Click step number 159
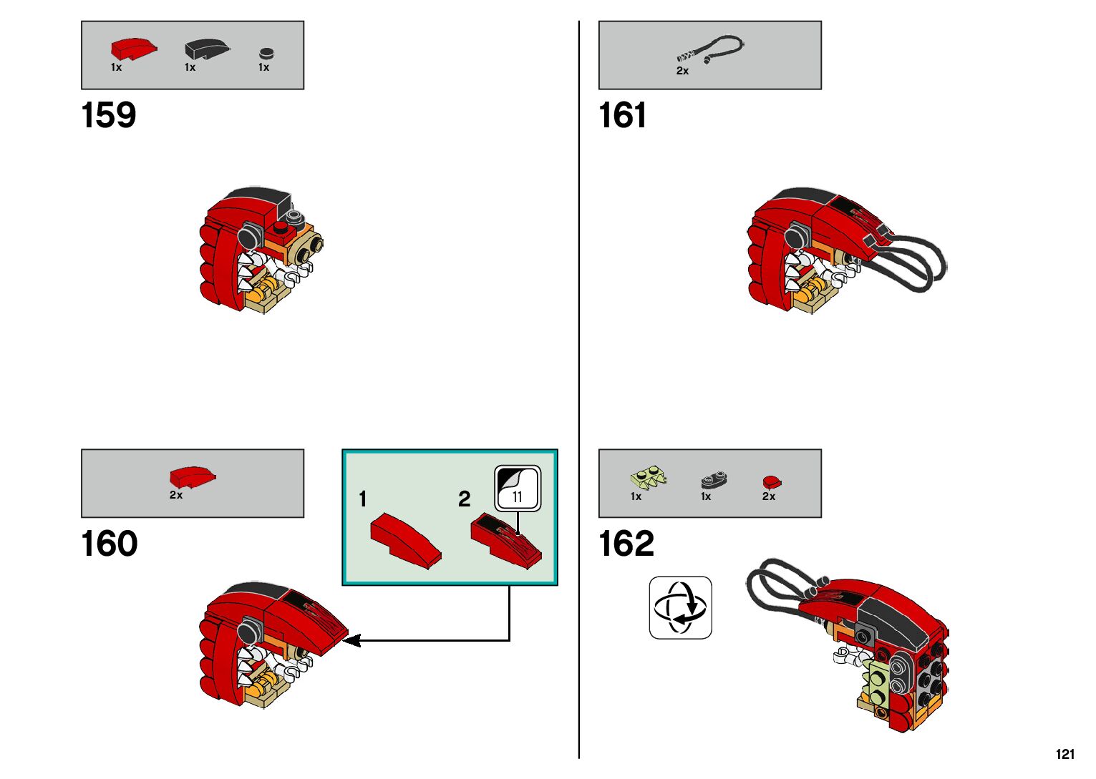coord(109,115)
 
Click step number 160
coord(109,544)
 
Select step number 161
coord(622,115)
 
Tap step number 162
coord(626,544)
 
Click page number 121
coord(1065,754)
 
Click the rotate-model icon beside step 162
coord(680,607)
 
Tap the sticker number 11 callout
coord(518,489)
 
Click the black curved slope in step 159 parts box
coord(206,49)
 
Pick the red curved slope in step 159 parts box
coord(133,49)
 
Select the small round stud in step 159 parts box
coord(266,53)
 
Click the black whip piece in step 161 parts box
coord(712,49)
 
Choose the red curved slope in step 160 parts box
coord(193,476)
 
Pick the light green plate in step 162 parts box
coord(649,476)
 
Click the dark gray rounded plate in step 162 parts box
coord(714,479)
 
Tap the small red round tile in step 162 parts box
coord(772,481)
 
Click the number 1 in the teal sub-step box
coord(363,499)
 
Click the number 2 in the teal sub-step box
coord(465,499)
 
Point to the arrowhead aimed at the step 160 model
coord(351,640)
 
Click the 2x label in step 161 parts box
coord(682,71)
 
